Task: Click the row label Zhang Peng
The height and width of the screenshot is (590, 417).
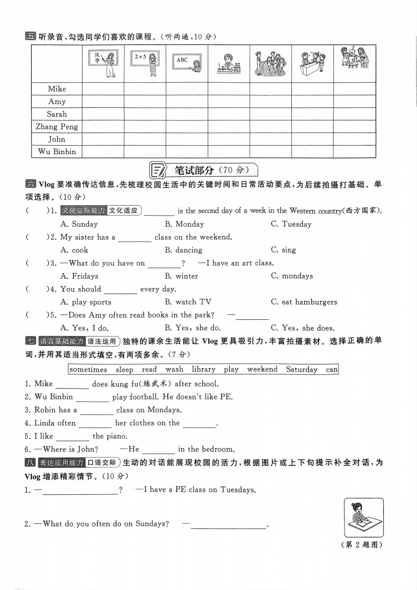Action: (x=57, y=127)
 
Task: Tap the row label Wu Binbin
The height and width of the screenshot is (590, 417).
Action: (x=57, y=151)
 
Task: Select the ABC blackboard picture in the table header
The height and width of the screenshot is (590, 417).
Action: (x=187, y=63)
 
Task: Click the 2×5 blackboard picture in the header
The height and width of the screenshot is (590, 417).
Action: (x=145, y=63)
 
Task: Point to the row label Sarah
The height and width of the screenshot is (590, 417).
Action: (x=57, y=114)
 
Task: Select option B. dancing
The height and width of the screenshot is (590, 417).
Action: (x=184, y=250)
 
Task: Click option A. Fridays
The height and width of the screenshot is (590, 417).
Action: (x=79, y=276)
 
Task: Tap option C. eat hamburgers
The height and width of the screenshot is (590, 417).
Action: (x=304, y=302)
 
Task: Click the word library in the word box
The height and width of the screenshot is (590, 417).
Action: (x=204, y=369)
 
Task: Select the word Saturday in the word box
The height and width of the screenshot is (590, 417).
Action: (x=302, y=369)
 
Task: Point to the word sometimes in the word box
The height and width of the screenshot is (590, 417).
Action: (x=88, y=369)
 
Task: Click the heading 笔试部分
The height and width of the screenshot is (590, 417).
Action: (x=195, y=170)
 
